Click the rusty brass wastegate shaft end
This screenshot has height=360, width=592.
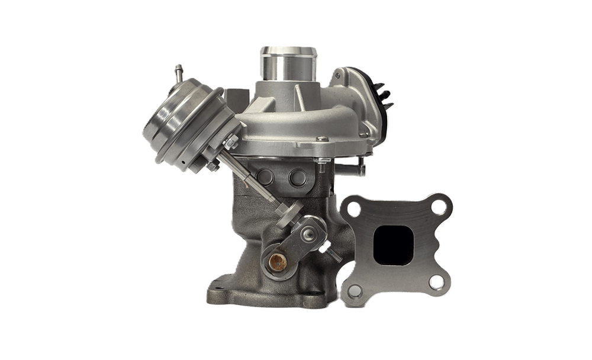(x=275, y=260)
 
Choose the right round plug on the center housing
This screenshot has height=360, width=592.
(x=295, y=178)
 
